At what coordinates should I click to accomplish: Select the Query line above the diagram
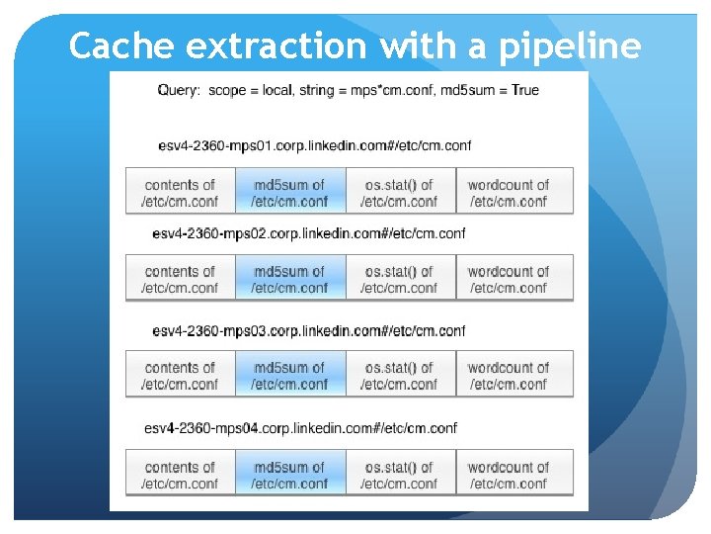pyautogui.click(x=349, y=90)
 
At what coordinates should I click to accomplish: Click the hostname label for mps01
pyautogui.click(x=314, y=145)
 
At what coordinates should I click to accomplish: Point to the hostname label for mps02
pyautogui.click(x=309, y=233)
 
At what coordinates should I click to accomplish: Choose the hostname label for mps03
pyautogui.click(x=309, y=330)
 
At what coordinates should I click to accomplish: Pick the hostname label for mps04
pyautogui.click(x=301, y=428)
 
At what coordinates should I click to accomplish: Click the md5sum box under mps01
pyautogui.click(x=289, y=192)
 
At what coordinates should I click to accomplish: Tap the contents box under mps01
pyautogui.click(x=180, y=192)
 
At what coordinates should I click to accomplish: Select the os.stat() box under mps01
pyautogui.click(x=400, y=192)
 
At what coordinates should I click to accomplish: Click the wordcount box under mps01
pyautogui.click(x=510, y=192)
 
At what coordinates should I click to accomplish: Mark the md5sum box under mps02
pyautogui.click(x=289, y=279)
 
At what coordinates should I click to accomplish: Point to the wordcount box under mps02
pyautogui.click(x=510, y=279)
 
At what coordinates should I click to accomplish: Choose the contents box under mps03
pyautogui.click(x=180, y=375)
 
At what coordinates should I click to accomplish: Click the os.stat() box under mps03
pyautogui.click(x=400, y=375)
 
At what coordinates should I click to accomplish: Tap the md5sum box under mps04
pyautogui.click(x=289, y=475)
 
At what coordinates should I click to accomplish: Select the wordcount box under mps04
pyautogui.click(x=510, y=475)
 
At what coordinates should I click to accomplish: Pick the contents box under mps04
pyautogui.click(x=180, y=475)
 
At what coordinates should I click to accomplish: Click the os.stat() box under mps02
pyautogui.click(x=400, y=279)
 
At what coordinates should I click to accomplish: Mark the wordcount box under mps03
pyautogui.click(x=510, y=375)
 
